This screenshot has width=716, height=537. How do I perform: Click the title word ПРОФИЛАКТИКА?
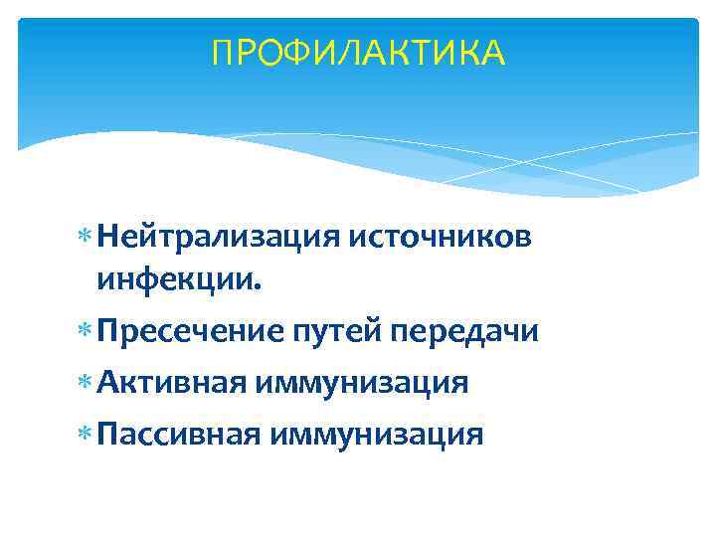pyautogui.click(x=358, y=53)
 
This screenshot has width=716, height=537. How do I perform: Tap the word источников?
pyautogui.click(x=439, y=238)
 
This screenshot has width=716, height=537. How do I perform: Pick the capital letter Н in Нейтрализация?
pyautogui.click(x=109, y=238)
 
